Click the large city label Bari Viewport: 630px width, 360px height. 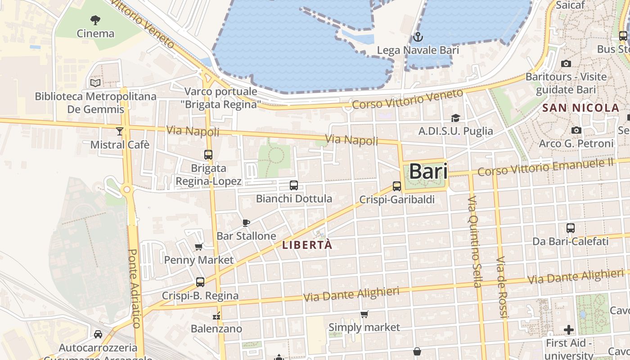pyautogui.click(x=428, y=171)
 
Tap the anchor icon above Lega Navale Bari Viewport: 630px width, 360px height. pyautogui.click(x=418, y=36)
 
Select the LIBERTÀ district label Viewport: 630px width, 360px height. pyautogui.click(x=307, y=245)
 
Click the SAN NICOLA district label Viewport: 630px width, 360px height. pyautogui.click(x=581, y=108)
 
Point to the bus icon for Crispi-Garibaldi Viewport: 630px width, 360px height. pyautogui.click(x=396, y=186)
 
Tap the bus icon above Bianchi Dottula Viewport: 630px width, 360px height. pyautogui.click(x=294, y=185)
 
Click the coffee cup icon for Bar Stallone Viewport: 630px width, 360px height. pyautogui.click(x=246, y=223)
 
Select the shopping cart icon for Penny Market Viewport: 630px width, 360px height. pyautogui.click(x=198, y=247)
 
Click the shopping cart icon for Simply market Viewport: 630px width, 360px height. pyautogui.click(x=364, y=314)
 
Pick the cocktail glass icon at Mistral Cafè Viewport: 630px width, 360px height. pyautogui.click(x=119, y=131)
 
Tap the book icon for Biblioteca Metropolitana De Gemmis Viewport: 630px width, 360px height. pyautogui.click(x=95, y=83)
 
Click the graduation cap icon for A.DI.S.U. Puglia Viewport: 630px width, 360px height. pyautogui.click(x=455, y=118)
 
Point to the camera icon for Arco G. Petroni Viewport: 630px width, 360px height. pyautogui.click(x=576, y=130)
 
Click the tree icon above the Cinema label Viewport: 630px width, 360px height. pyautogui.click(x=95, y=20)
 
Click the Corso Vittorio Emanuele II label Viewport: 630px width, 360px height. pyautogui.click(x=545, y=167)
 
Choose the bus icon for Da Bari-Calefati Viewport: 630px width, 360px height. pyautogui.click(x=571, y=228)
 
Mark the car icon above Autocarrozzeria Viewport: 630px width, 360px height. pyautogui.click(x=98, y=334)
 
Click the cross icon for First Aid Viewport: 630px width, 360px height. pyautogui.click(x=569, y=330)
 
